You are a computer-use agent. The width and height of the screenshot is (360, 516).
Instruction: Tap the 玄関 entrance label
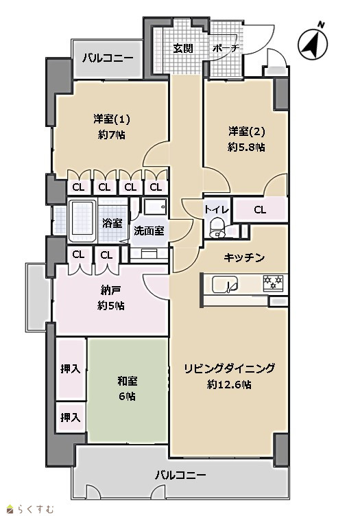click(x=183, y=49)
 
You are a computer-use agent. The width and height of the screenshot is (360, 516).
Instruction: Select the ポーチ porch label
click(x=225, y=48)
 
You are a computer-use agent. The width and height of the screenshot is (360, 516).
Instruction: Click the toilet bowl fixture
click(x=217, y=228)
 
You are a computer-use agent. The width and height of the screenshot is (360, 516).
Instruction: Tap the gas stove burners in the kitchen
click(x=273, y=282)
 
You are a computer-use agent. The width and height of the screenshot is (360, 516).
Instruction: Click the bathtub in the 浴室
click(x=82, y=220)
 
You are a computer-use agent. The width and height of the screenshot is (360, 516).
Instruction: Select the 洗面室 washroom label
click(x=149, y=231)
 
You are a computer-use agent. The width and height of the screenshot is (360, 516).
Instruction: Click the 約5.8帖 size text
click(x=246, y=147)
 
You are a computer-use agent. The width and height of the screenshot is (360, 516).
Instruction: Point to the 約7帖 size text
click(x=112, y=135)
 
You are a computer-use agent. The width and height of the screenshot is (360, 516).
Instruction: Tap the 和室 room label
click(x=128, y=381)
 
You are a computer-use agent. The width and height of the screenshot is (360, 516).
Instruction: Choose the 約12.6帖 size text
click(x=229, y=384)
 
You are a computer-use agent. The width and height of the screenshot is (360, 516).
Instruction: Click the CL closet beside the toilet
click(x=260, y=210)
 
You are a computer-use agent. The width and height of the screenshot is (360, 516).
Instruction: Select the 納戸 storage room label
click(x=110, y=290)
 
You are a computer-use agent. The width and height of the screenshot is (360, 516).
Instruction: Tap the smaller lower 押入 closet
click(x=71, y=417)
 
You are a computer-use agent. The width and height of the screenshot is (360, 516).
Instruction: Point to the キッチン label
click(x=244, y=258)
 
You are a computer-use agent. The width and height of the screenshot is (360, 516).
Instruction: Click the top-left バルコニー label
click(x=108, y=58)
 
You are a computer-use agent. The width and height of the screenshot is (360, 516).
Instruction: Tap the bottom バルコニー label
click(x=180, y=475)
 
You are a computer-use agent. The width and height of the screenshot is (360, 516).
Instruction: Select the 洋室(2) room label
click(x=247, y=131)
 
